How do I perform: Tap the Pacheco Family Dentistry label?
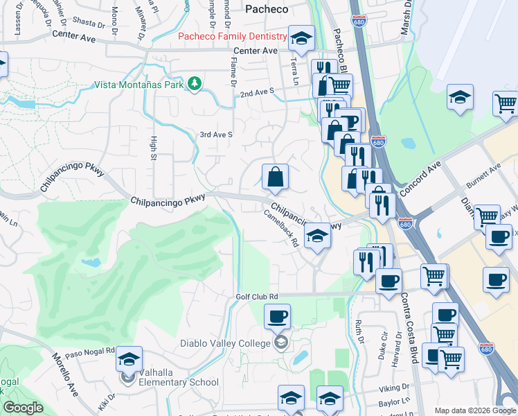click(233, 36)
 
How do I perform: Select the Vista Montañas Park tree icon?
click(196, 85)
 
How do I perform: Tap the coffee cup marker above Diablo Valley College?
click(277, 317)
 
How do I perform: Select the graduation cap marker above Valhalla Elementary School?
click(129, 359)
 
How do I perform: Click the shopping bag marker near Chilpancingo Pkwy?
click(275, 177)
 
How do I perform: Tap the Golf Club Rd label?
click(253, 296)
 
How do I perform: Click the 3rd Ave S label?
click(216, 135)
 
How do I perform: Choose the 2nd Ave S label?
click(257, 91)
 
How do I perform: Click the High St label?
click(153, 148)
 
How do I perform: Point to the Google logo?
click(22, 408)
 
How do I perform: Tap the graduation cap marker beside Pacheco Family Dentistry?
click(301, 39)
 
